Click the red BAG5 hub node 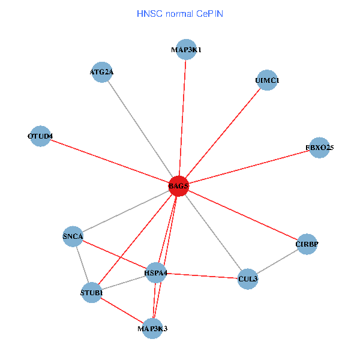click(179, 186)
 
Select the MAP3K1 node click(185, 50)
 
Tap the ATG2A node click(102, 73)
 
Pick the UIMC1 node click(267, 80)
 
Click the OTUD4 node click(40, 136)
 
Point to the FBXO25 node click(319, 147)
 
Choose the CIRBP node click(307, 244)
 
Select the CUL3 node click(247, 279)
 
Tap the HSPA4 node click(156, 274)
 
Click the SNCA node click(73, 236)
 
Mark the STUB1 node click(91, 293)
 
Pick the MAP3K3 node click(152, 329)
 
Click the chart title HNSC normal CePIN click(180, 13)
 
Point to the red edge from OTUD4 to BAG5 click(108, 161)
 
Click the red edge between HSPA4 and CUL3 click(202, 276)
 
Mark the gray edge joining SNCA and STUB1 click(82, 264)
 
